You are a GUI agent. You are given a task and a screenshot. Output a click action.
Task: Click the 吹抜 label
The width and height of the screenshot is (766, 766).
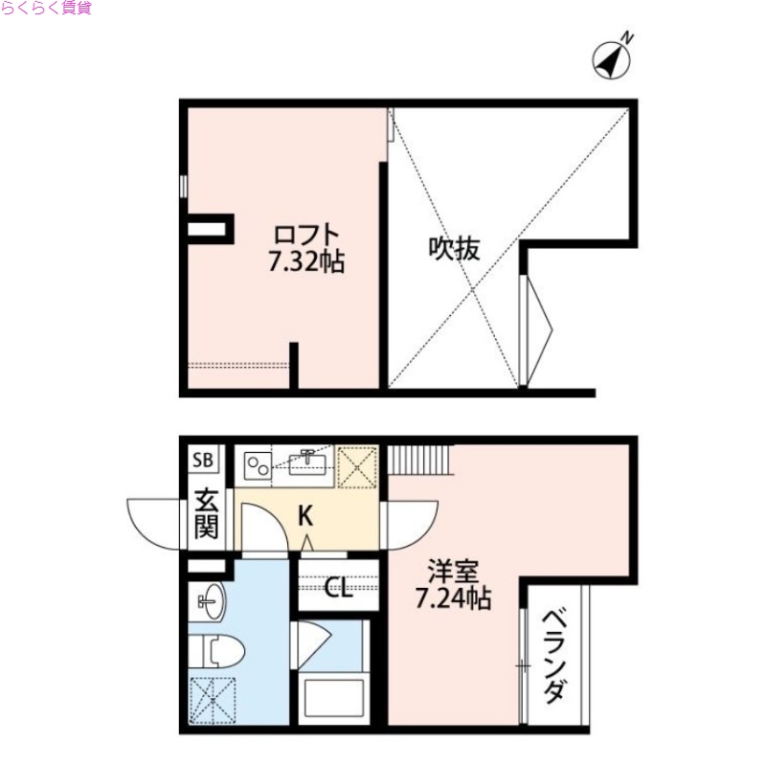453,250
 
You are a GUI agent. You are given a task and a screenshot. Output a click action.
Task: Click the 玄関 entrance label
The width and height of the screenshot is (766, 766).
206,513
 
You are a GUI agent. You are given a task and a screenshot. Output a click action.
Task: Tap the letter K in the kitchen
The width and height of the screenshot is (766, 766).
304,516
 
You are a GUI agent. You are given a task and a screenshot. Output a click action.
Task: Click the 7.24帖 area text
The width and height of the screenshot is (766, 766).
453,600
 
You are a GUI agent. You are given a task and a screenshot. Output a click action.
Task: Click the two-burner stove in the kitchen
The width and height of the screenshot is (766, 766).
257,464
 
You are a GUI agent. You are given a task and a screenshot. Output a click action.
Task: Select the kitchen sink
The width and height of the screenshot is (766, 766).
308,463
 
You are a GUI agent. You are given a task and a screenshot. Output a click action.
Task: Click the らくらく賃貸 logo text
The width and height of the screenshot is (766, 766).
45,9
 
